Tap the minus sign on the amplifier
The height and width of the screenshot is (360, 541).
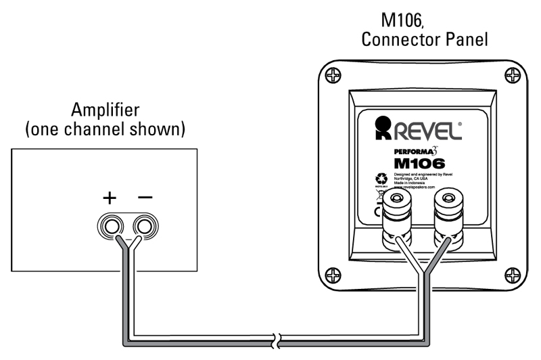[145, 198]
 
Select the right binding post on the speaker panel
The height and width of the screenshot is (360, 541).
[447, 204]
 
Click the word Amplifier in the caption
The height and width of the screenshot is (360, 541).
[104, 110]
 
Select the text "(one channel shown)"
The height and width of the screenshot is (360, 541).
[104, 130]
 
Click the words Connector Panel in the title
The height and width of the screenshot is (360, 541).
[424, 40]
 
